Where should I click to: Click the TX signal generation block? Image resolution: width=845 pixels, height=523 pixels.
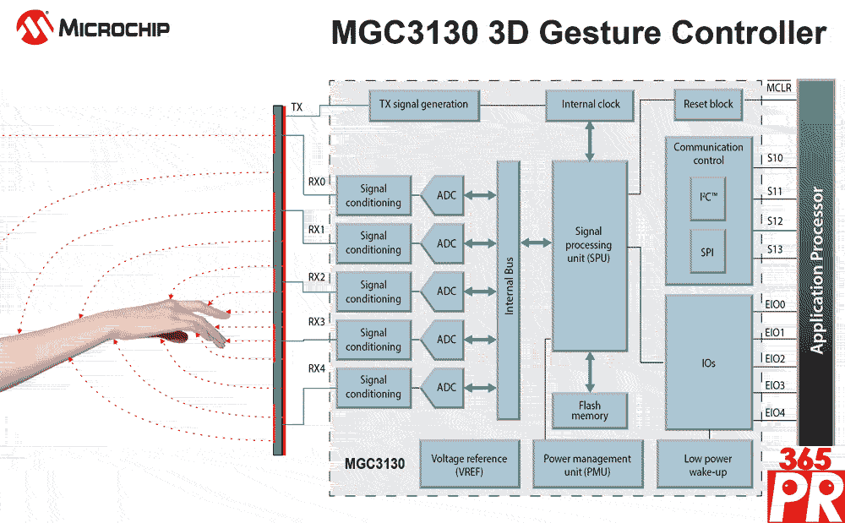pyautogui.click(x=423, y=105)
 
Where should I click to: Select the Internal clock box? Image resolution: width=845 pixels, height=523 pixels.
pyautogui.click(x=591, y=105)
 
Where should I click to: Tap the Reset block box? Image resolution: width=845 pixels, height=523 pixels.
pyautogui.click(x=708, y=105)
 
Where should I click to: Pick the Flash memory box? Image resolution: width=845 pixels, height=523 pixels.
pyautogui.click(x=589, y=411)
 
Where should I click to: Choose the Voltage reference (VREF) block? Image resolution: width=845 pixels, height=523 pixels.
pyautogui.click(x=469, y=465)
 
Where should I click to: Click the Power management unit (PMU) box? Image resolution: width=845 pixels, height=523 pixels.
pyautogui.click(x=586, y=465)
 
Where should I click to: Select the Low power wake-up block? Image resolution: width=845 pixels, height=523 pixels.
pyautogui.click(x=707, y=465)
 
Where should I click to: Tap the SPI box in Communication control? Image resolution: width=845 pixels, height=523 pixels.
pyautogui.click(x=707, y=252)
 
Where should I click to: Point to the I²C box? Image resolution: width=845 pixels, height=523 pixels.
pyautogui.click(x=707, y=198)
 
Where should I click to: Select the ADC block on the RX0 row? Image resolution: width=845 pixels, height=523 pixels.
pyautogui.click(x=444, y=196)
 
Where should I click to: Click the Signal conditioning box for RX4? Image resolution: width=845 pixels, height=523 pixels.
pyautogui.click(x=373, y=387)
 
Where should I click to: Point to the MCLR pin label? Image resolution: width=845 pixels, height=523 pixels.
pyautogui.click(x=778, y=88)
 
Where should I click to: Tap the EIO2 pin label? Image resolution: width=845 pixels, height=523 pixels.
pyautogui.click(x=774, y=359)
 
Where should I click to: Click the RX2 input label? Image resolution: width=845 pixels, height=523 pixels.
pyautogui.click(x=316, y=277)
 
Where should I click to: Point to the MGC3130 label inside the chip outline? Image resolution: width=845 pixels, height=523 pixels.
pyautogui.click(x=374, y=464)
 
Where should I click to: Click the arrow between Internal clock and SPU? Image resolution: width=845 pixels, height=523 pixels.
pyautogui.click(x=590, y=140)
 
